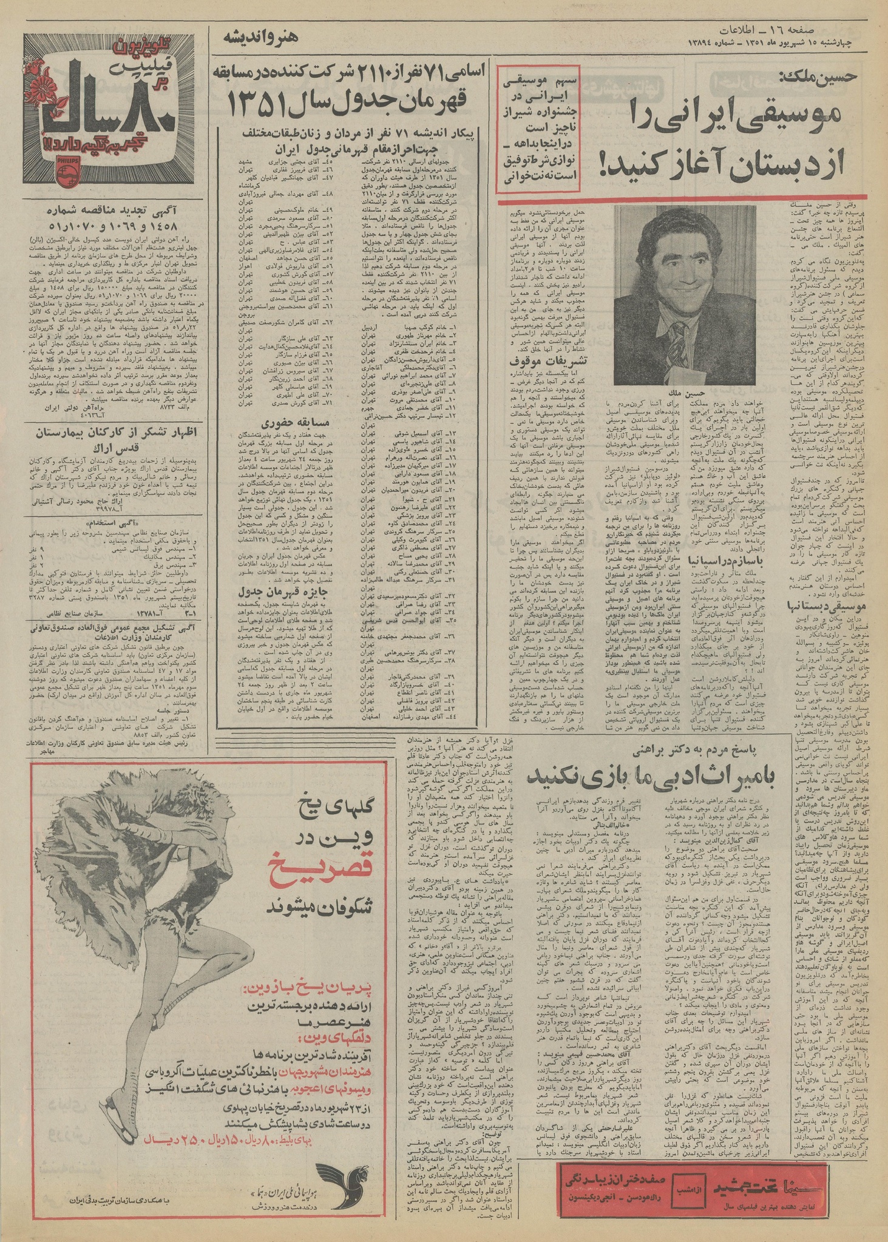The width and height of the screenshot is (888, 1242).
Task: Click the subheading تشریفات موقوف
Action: point(546,359)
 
